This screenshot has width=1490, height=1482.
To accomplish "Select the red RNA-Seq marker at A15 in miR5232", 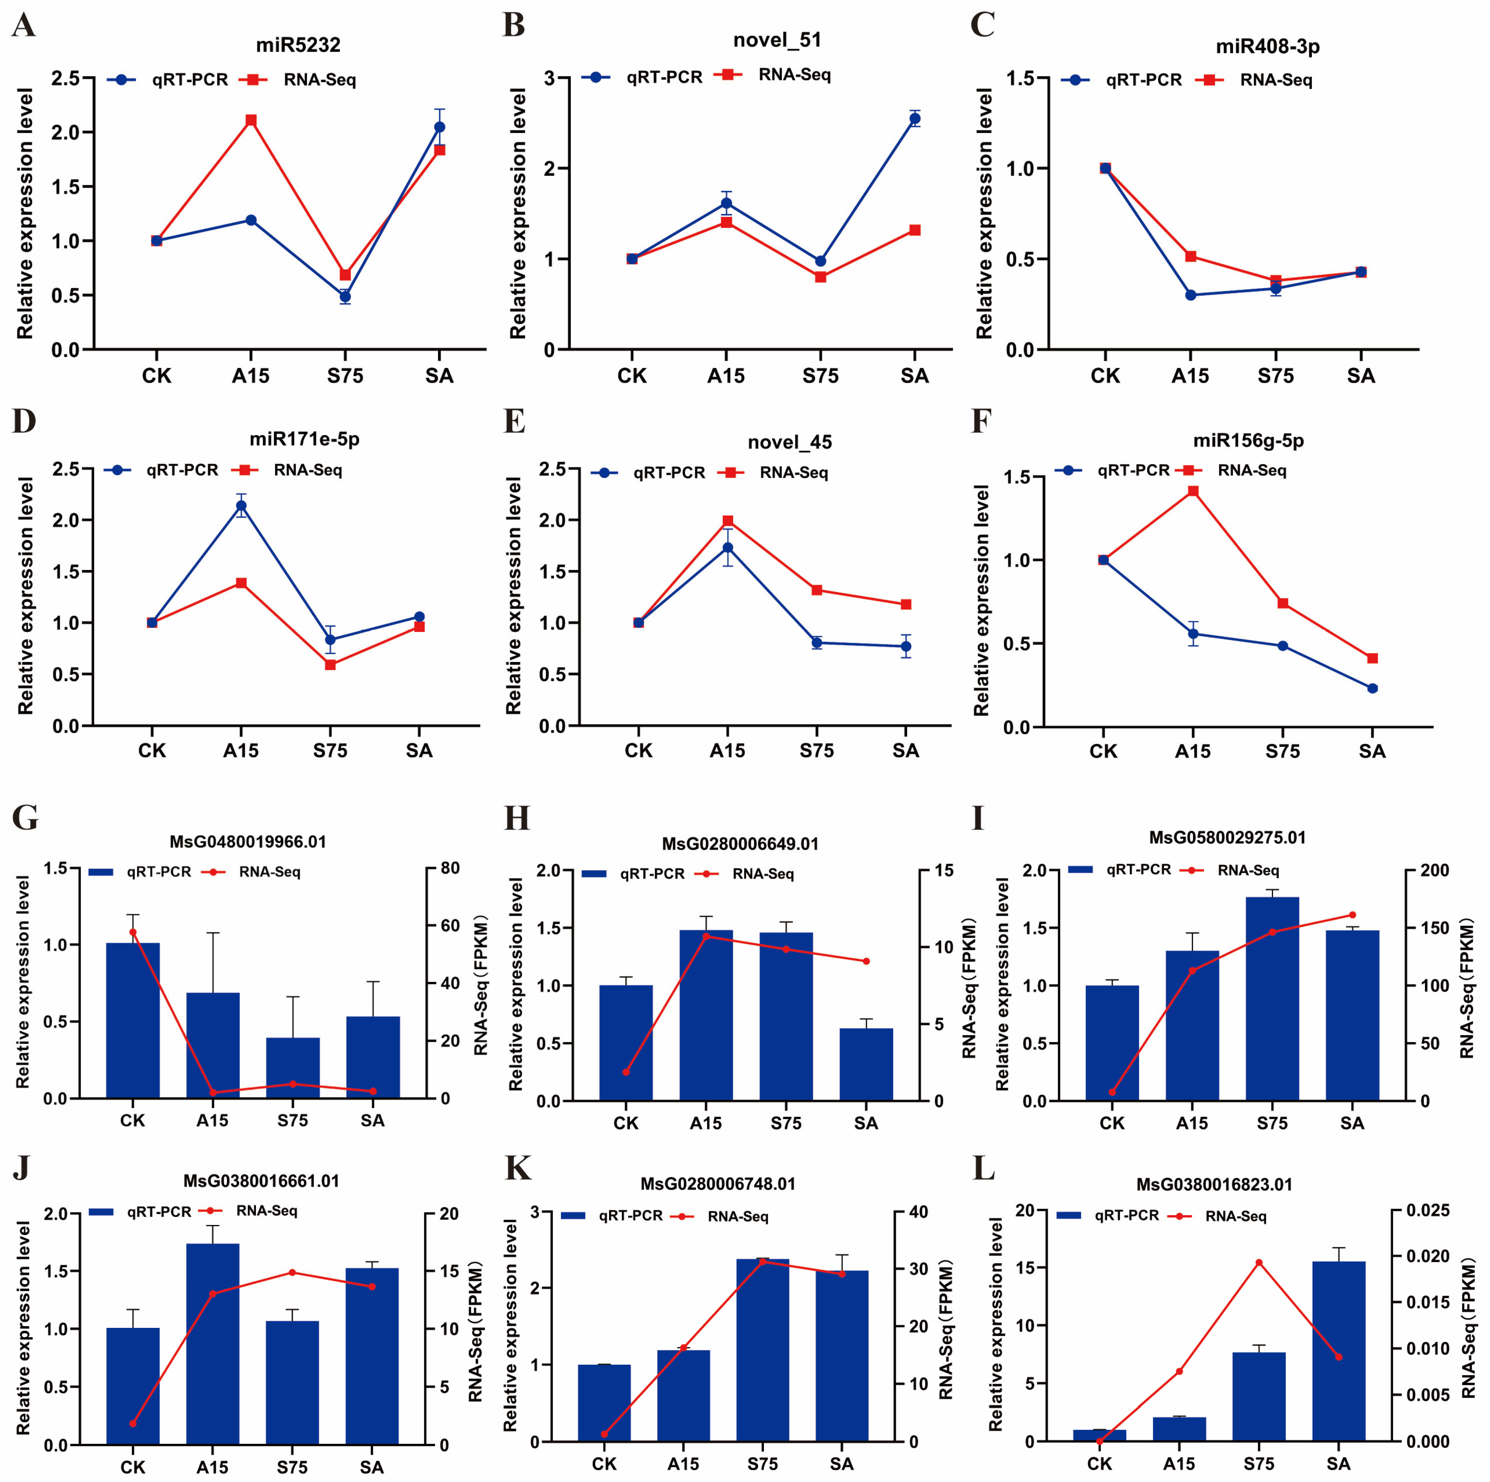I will (x=251, y=120).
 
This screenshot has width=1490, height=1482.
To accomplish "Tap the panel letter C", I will (x=982, y=25).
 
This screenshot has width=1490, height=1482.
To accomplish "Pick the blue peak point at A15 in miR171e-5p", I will (x=241, y=506).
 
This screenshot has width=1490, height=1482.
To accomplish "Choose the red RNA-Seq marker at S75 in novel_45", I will (x=817, y=590).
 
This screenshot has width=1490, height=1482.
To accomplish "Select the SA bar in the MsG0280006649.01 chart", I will (x=866, y=1064).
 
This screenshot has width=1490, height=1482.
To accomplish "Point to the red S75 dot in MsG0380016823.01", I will (x=1258, y=1262).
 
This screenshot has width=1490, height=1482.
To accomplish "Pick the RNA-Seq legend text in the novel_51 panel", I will (x=794, y=75).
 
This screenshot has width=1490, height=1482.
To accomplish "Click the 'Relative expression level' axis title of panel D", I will (x=26, y=595).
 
